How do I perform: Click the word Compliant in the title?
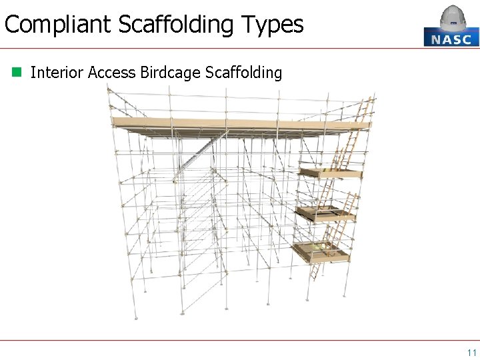[x=57, y=25]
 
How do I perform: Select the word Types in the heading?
[x=273, y=25]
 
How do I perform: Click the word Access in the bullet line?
[x=112, y=72]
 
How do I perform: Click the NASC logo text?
[x=451, y=39]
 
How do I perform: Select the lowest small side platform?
[x=321, y=252]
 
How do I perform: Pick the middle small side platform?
[x=326, y=213]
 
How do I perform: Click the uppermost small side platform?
[x=331, y=173]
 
